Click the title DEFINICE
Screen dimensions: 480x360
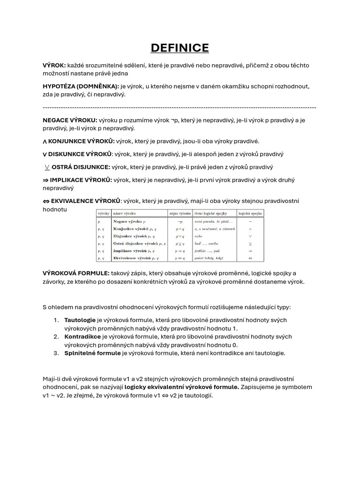point(180,48)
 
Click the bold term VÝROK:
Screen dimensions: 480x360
point(54,65)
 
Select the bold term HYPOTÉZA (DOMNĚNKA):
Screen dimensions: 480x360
point(81,86)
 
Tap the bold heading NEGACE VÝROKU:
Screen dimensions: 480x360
point(70,120)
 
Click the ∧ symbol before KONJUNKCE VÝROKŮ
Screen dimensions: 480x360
point(45,142)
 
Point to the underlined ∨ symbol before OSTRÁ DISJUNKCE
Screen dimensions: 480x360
point(47,167)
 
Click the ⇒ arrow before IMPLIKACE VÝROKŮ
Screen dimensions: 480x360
point(45,180)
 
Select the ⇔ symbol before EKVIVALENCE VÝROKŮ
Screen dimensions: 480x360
point(46,201)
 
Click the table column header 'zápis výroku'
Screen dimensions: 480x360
point(180,213)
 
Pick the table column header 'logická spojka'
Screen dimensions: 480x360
point(250,213)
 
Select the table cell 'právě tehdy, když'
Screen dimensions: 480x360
point(209,258)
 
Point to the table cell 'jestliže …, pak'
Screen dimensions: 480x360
point(207,251)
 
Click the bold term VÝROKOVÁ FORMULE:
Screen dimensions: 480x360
point(76,273)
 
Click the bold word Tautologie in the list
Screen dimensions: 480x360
point(80,320)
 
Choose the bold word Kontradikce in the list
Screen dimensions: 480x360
point(82,337)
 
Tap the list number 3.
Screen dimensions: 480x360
point(55,353)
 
